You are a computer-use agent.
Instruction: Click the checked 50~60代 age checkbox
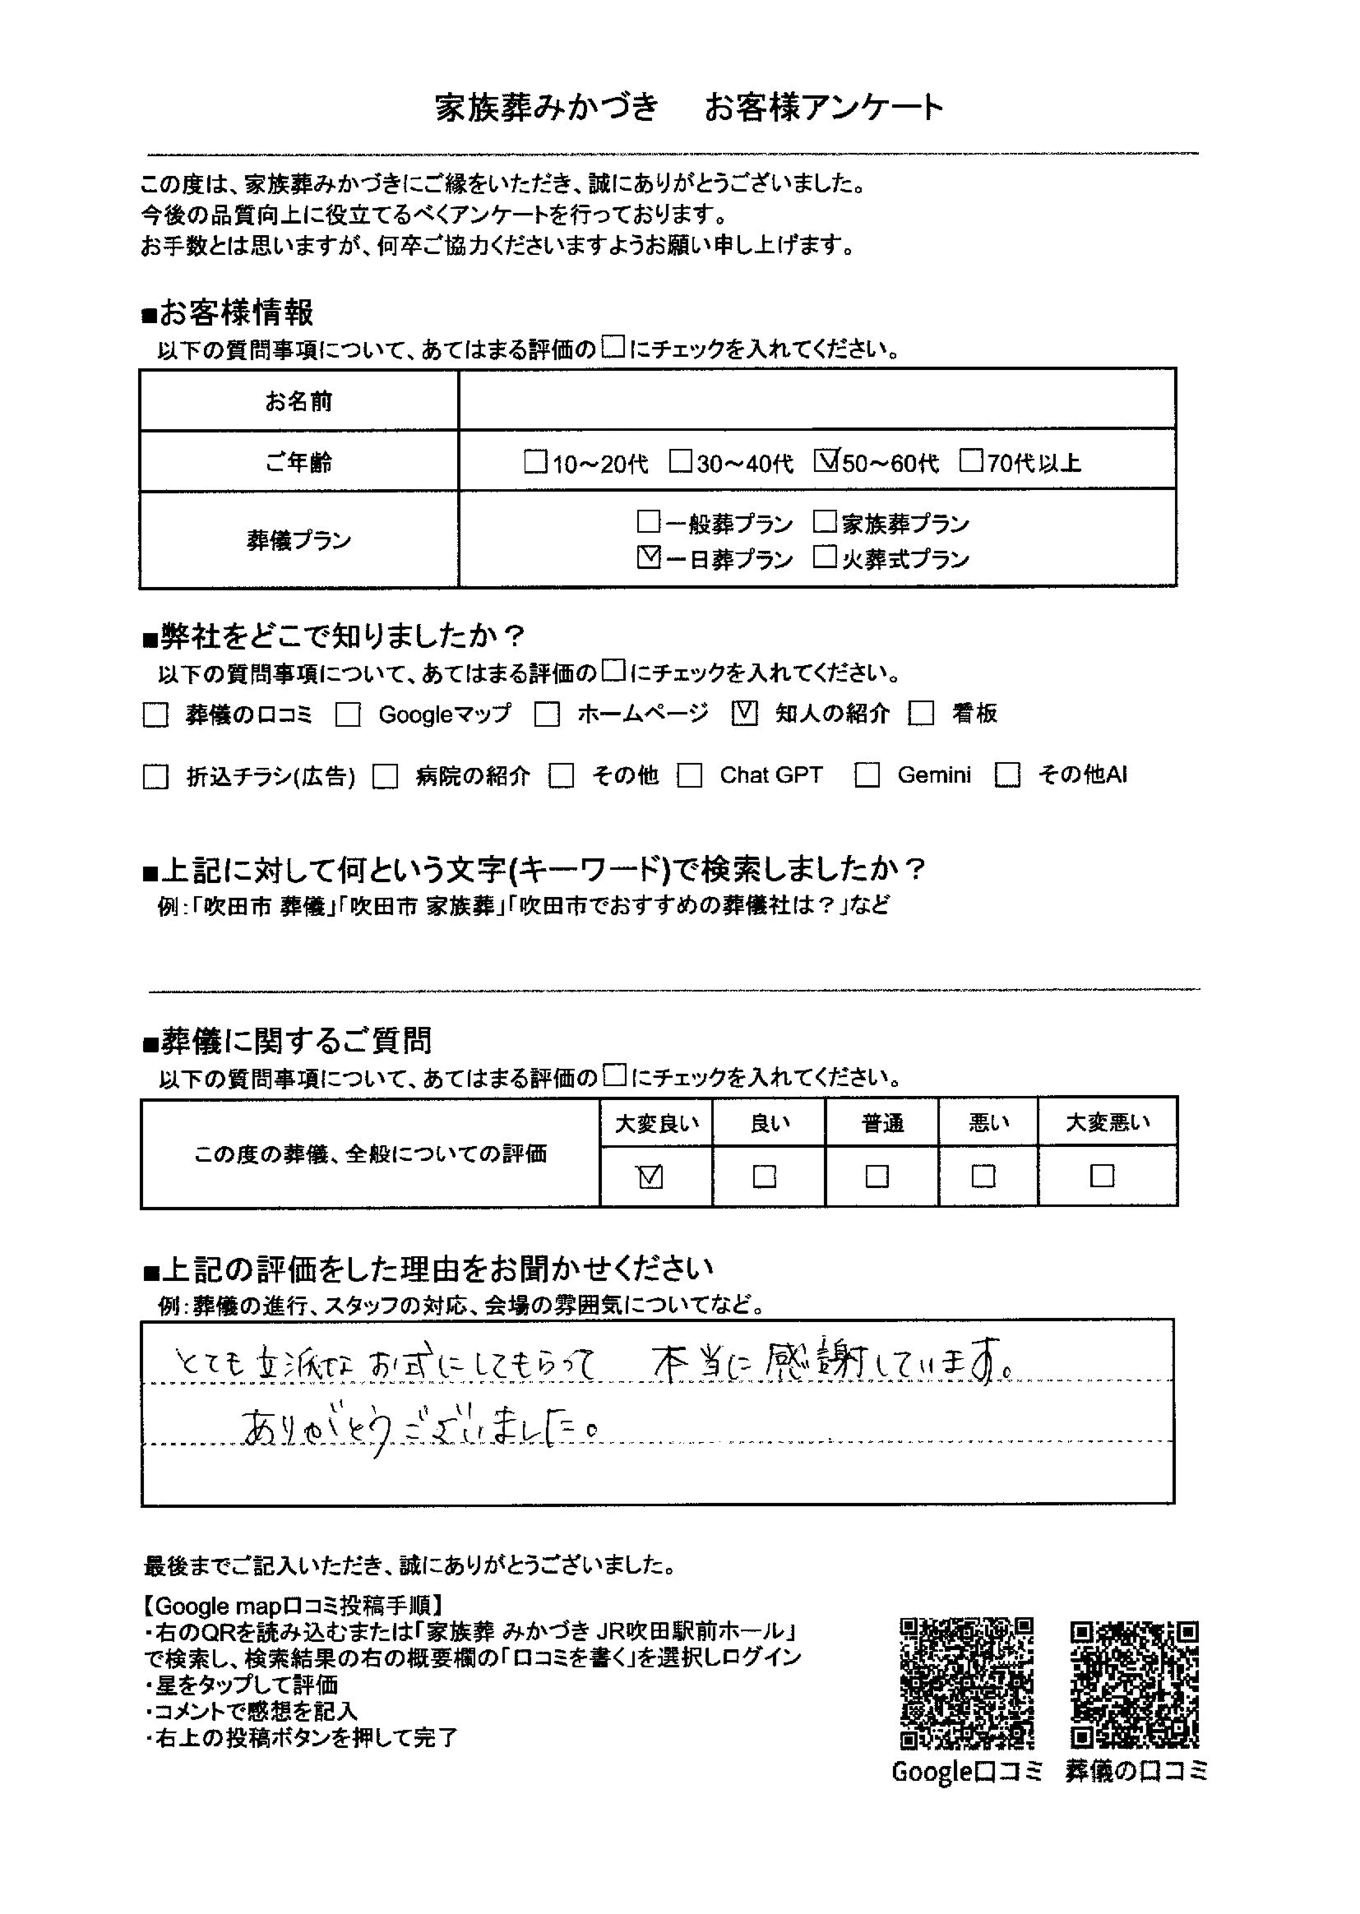pyautogui.click(x=826, y=461)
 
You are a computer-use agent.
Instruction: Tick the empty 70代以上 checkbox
pyautogui.click(x=970, y=461)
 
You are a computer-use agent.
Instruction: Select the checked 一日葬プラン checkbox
pyautogui.click(x=648, y=557)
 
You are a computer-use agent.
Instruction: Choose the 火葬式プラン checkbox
pyautogui.click(x=826, y=557)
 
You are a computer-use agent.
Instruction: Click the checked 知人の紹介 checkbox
pyautogui.click(x=744, y=714)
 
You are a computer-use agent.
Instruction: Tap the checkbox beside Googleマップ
pyautogui.click(x=348, y=715)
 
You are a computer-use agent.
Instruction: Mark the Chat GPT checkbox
pyautogui.click(x=690, y=776)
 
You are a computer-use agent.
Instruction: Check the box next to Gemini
pyautogui.click(x=867, y=776)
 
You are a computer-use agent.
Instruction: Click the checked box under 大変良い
pyautogui.click(x=650, y=1177)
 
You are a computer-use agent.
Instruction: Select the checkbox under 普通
pyautogui.click(x=877, y=1177)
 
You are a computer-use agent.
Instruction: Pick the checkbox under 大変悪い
pyautogui.click(x=1102, y=1177)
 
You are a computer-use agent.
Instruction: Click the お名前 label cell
pyautogui.click(x=299, y=402)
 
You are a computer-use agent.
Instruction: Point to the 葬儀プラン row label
pyautogui.click(x=299, y=541)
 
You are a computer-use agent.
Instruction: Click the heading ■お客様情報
pyautogui.click(x=228, y=313)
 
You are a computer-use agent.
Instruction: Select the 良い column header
pyautogui.click(x=769, y=1124)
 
